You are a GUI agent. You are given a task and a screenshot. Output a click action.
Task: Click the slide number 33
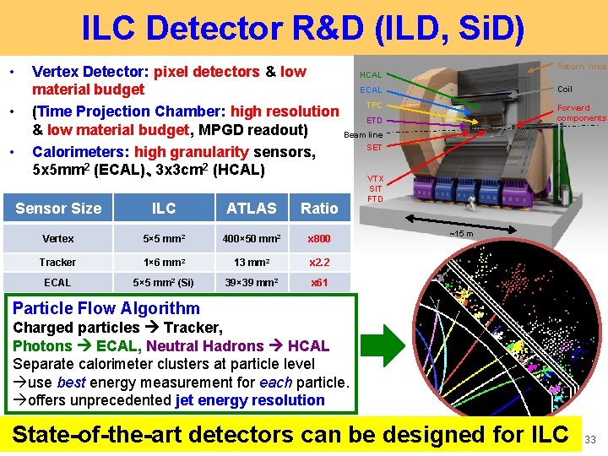[591, 439]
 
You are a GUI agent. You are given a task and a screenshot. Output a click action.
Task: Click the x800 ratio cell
[319, 239]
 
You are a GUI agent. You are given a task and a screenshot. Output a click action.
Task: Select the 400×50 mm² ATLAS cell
[251, 239]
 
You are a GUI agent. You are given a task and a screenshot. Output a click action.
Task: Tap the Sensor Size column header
[58, 209]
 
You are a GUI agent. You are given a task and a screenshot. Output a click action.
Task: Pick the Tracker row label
[57, 263]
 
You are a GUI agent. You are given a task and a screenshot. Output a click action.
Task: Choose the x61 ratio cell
[319, 283]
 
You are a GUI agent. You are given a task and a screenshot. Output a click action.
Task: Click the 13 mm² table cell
[251, 263]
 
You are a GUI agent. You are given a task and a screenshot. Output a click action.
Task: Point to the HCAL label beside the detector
[371, 76]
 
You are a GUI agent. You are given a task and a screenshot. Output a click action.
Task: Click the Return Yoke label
[582, 66]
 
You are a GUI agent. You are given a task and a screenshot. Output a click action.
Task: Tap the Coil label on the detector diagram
[565, 89]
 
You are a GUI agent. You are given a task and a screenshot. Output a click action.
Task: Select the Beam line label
[363, 134]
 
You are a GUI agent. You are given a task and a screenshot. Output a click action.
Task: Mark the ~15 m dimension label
[460, 234]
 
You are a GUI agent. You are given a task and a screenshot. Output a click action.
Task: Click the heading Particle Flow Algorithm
[106, 308]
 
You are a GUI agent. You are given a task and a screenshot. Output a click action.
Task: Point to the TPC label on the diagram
[373, 105]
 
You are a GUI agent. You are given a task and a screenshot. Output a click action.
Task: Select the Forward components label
[580, 113]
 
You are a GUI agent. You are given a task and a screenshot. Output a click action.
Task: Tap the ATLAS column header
[251, 209]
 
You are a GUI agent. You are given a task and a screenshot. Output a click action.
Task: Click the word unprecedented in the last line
[123, 400]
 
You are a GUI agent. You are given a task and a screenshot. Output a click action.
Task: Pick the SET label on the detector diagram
[374, 148]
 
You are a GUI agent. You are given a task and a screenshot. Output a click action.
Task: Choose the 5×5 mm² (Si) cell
[163, 283]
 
